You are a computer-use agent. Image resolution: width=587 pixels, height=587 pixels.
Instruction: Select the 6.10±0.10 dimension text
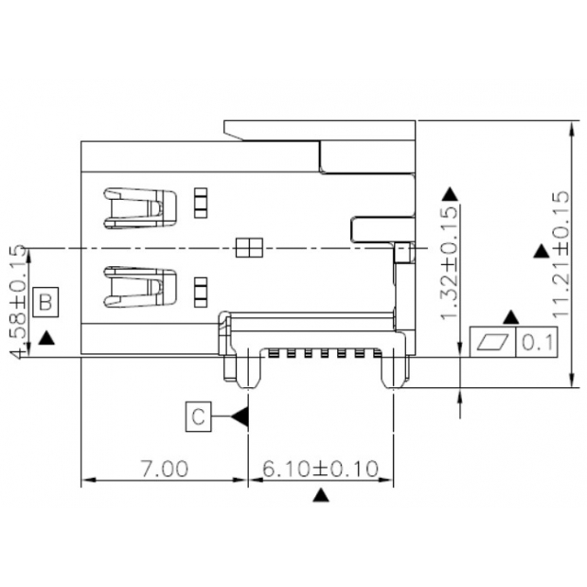320,468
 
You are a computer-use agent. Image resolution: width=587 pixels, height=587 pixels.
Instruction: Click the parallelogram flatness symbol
494,342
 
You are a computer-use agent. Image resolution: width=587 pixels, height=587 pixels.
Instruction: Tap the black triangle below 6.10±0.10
321,495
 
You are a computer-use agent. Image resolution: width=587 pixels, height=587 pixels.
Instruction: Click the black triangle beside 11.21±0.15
540,252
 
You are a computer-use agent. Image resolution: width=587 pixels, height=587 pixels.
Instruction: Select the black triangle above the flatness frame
512,316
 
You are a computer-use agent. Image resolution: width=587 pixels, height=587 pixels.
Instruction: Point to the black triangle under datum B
47,335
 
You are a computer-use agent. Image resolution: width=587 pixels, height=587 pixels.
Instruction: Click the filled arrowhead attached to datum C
240,416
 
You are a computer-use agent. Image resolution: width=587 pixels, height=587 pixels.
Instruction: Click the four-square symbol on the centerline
247,248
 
